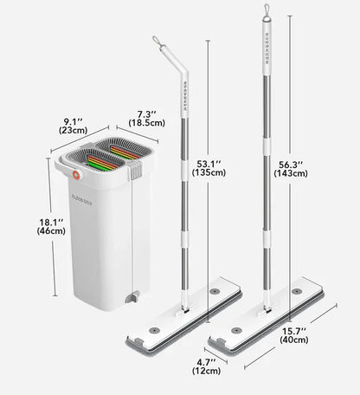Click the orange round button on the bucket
click(77, 175)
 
